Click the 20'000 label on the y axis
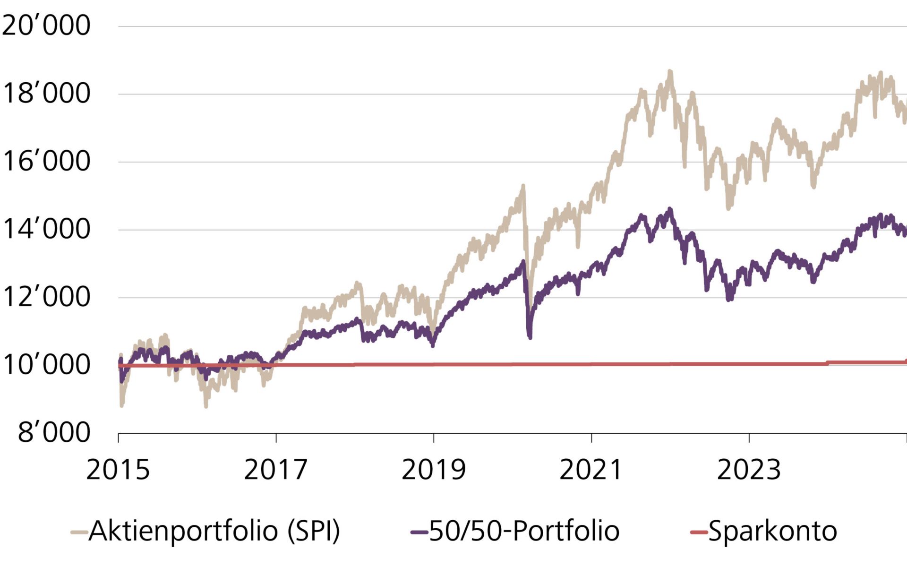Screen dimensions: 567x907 (x=46, y=25)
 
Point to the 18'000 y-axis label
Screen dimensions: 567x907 (x=46, y=93)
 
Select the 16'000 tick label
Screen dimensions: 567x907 (x=46, y=161)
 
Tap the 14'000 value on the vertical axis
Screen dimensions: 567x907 (x=46, y=229)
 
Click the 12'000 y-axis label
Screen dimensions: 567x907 (x=46, y=297)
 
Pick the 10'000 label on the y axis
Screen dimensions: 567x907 (x=46, y=365)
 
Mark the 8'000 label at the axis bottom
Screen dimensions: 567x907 (x=54, y=432)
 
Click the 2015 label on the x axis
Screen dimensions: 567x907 (x=118, y=470)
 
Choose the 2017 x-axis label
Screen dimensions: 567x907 (x=276, y=470)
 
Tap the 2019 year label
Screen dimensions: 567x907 (x=434, y=470)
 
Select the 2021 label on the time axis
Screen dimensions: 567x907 (x=591, y=470)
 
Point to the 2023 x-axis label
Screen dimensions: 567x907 (x=749, y=470)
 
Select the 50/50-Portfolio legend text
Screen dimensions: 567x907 (x=524, y=531)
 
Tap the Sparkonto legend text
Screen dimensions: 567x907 (x=772, y=531)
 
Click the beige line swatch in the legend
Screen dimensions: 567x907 (x=79, y=533)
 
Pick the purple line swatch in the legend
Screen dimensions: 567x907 (x=419, y=533)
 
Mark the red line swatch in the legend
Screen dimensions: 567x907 (x=699, y=533)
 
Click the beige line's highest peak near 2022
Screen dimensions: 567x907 (x=669, y=72)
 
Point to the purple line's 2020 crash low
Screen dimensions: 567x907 (x=530, y=336)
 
